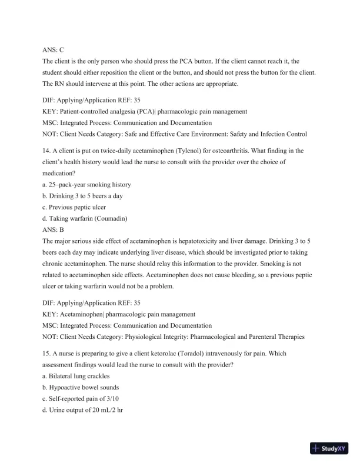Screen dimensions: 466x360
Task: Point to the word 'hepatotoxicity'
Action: (x=214, y=241)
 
